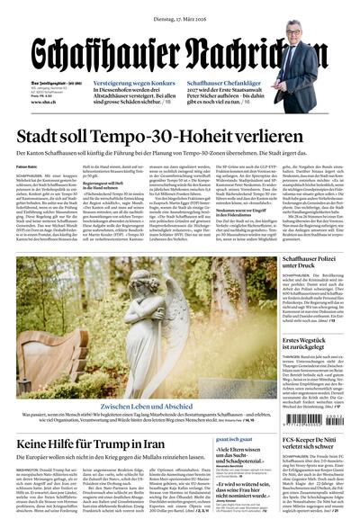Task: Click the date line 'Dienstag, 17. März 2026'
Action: (x=179, y=10)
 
